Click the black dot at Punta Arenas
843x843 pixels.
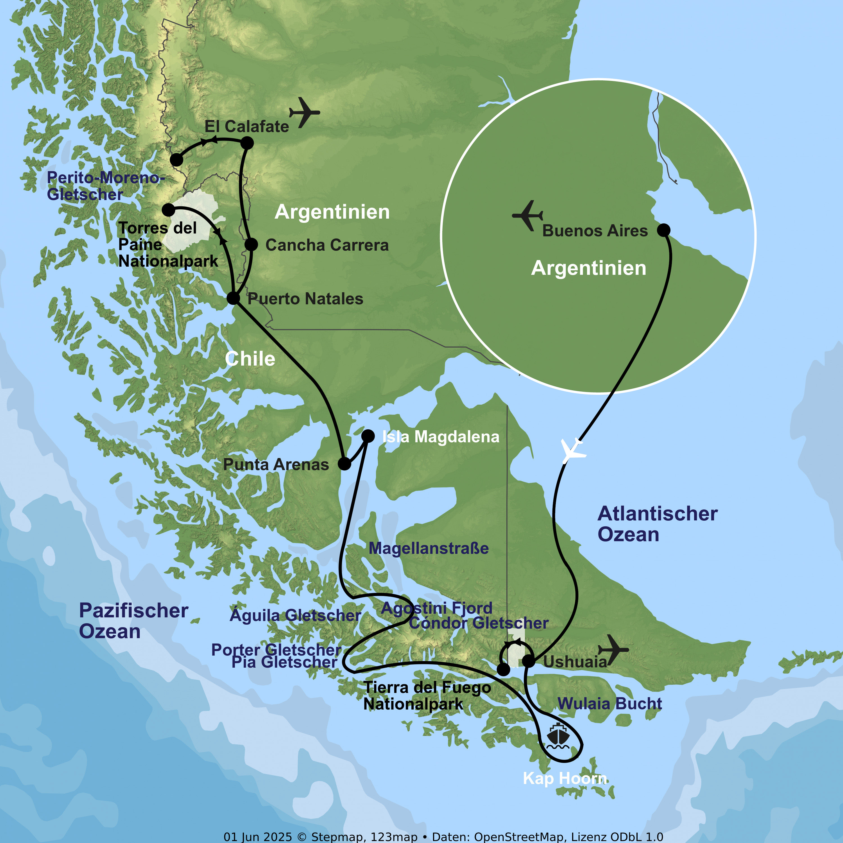tap(344, 463)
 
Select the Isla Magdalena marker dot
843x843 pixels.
tap(368, 436)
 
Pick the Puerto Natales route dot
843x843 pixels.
tap(234, 298)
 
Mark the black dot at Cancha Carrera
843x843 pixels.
tap(251, 244)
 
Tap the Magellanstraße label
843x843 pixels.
tap(429, 549)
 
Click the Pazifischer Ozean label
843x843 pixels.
tap(133, 621)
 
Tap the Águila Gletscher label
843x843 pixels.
tap(295, 615)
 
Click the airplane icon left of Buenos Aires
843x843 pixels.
tap(527, 215)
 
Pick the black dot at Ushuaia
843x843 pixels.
tap(528, 661)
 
